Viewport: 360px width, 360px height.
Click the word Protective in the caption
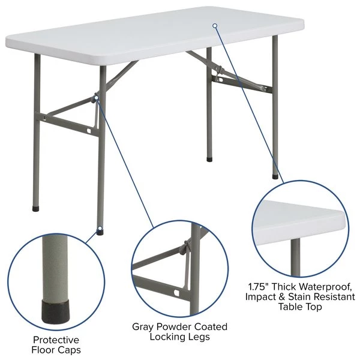click(56, 340)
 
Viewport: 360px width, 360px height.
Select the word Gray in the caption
click(145, 327)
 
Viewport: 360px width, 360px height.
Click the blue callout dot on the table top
click(215, 25)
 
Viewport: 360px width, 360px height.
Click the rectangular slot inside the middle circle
click(176, 293)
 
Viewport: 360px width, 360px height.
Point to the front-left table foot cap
click(34, 209)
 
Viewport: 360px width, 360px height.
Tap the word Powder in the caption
click(180, 327)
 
